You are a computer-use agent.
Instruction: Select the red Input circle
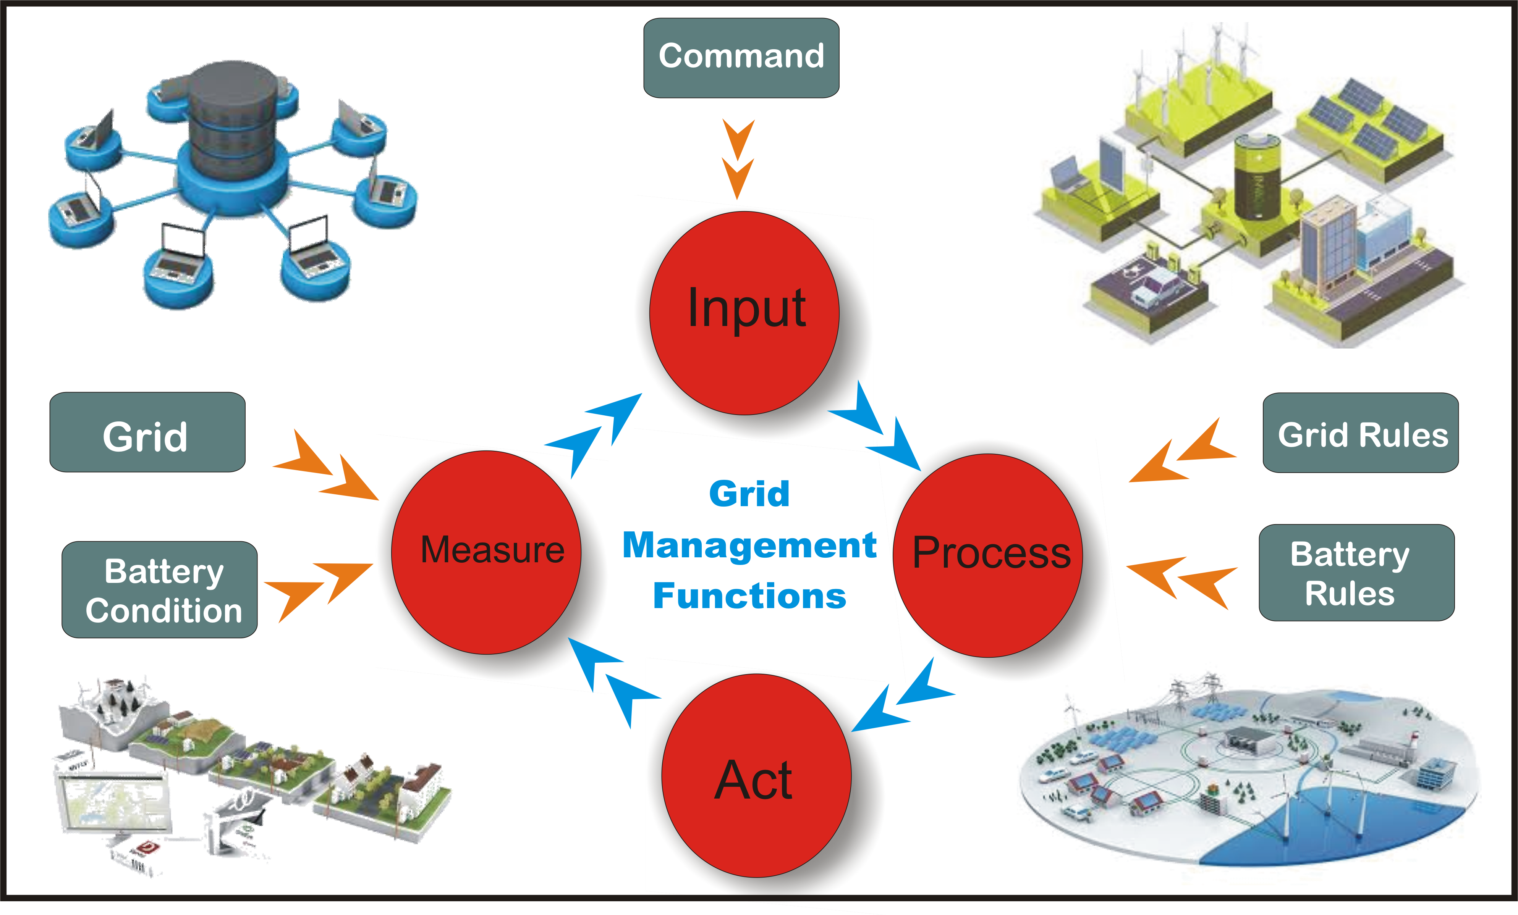(744, 313)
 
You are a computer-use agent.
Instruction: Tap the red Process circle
(987, 555)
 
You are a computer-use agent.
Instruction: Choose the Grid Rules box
(1360, 433)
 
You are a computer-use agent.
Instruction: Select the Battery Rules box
(1356, 573)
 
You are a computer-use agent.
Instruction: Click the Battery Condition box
(160, 589)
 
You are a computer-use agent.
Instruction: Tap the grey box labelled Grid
(147, 432)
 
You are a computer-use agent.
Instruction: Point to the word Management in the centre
(749, 545)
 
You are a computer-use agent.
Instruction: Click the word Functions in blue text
(749, 596)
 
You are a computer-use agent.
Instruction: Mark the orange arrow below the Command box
(738, 159)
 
